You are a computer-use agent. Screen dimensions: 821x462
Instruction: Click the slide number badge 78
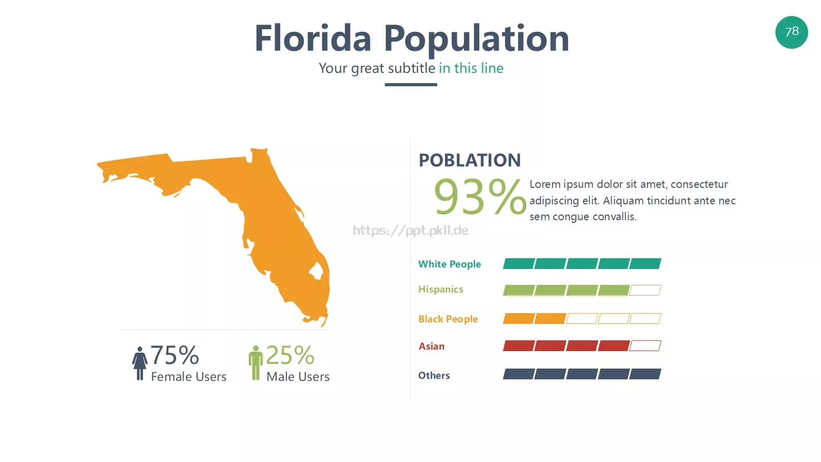(x=791, y=32)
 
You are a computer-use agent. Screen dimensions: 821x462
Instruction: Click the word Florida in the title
(x=313, y=38)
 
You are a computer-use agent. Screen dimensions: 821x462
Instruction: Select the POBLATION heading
(x=470, y=160)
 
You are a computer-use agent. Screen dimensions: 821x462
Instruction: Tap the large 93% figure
(x=480, y=197)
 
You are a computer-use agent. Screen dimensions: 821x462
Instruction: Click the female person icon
(x=140, y=363)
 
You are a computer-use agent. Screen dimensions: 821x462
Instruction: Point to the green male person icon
(x=256, y=362)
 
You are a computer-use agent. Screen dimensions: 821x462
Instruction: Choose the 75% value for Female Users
(x=175, y=355)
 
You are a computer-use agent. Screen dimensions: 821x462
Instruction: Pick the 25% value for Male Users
(x=290, y=355)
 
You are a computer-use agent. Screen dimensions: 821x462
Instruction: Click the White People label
(x=449, y=264)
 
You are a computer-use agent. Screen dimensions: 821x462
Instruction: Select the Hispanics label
(x=441, y=290)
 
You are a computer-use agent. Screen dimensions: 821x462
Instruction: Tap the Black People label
(x=448, y=319)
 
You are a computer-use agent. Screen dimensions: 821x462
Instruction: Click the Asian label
(x=432, y=346)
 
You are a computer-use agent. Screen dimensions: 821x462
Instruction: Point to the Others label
(x=434, y=375)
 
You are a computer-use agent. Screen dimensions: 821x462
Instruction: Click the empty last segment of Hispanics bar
(x=645, y=291)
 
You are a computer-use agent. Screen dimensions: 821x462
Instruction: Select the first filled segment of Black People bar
(x=519, y=319)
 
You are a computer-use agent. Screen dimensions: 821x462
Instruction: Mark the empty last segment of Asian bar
(x=645, y=346)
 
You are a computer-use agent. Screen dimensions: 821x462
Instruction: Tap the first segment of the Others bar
(x=519, y=374)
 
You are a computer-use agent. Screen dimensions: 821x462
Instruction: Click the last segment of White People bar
(x=645, y=264)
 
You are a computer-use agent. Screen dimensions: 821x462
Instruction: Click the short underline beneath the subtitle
(x=411, y=85)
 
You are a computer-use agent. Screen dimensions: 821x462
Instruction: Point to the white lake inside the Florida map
(x=316, y=272)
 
